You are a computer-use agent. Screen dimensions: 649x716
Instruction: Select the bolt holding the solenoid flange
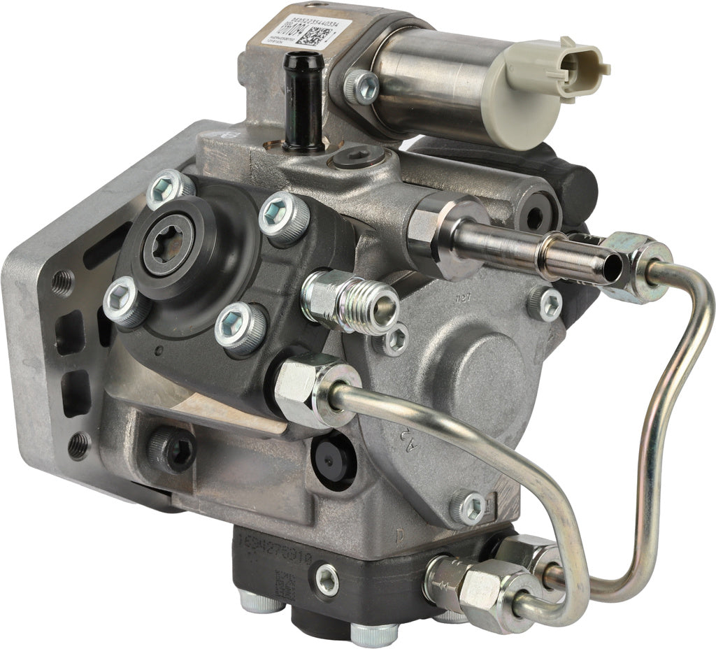point(362,87)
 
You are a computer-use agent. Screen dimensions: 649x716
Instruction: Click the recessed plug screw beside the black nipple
point(357,157)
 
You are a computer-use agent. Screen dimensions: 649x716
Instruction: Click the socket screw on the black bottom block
point(327,579)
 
